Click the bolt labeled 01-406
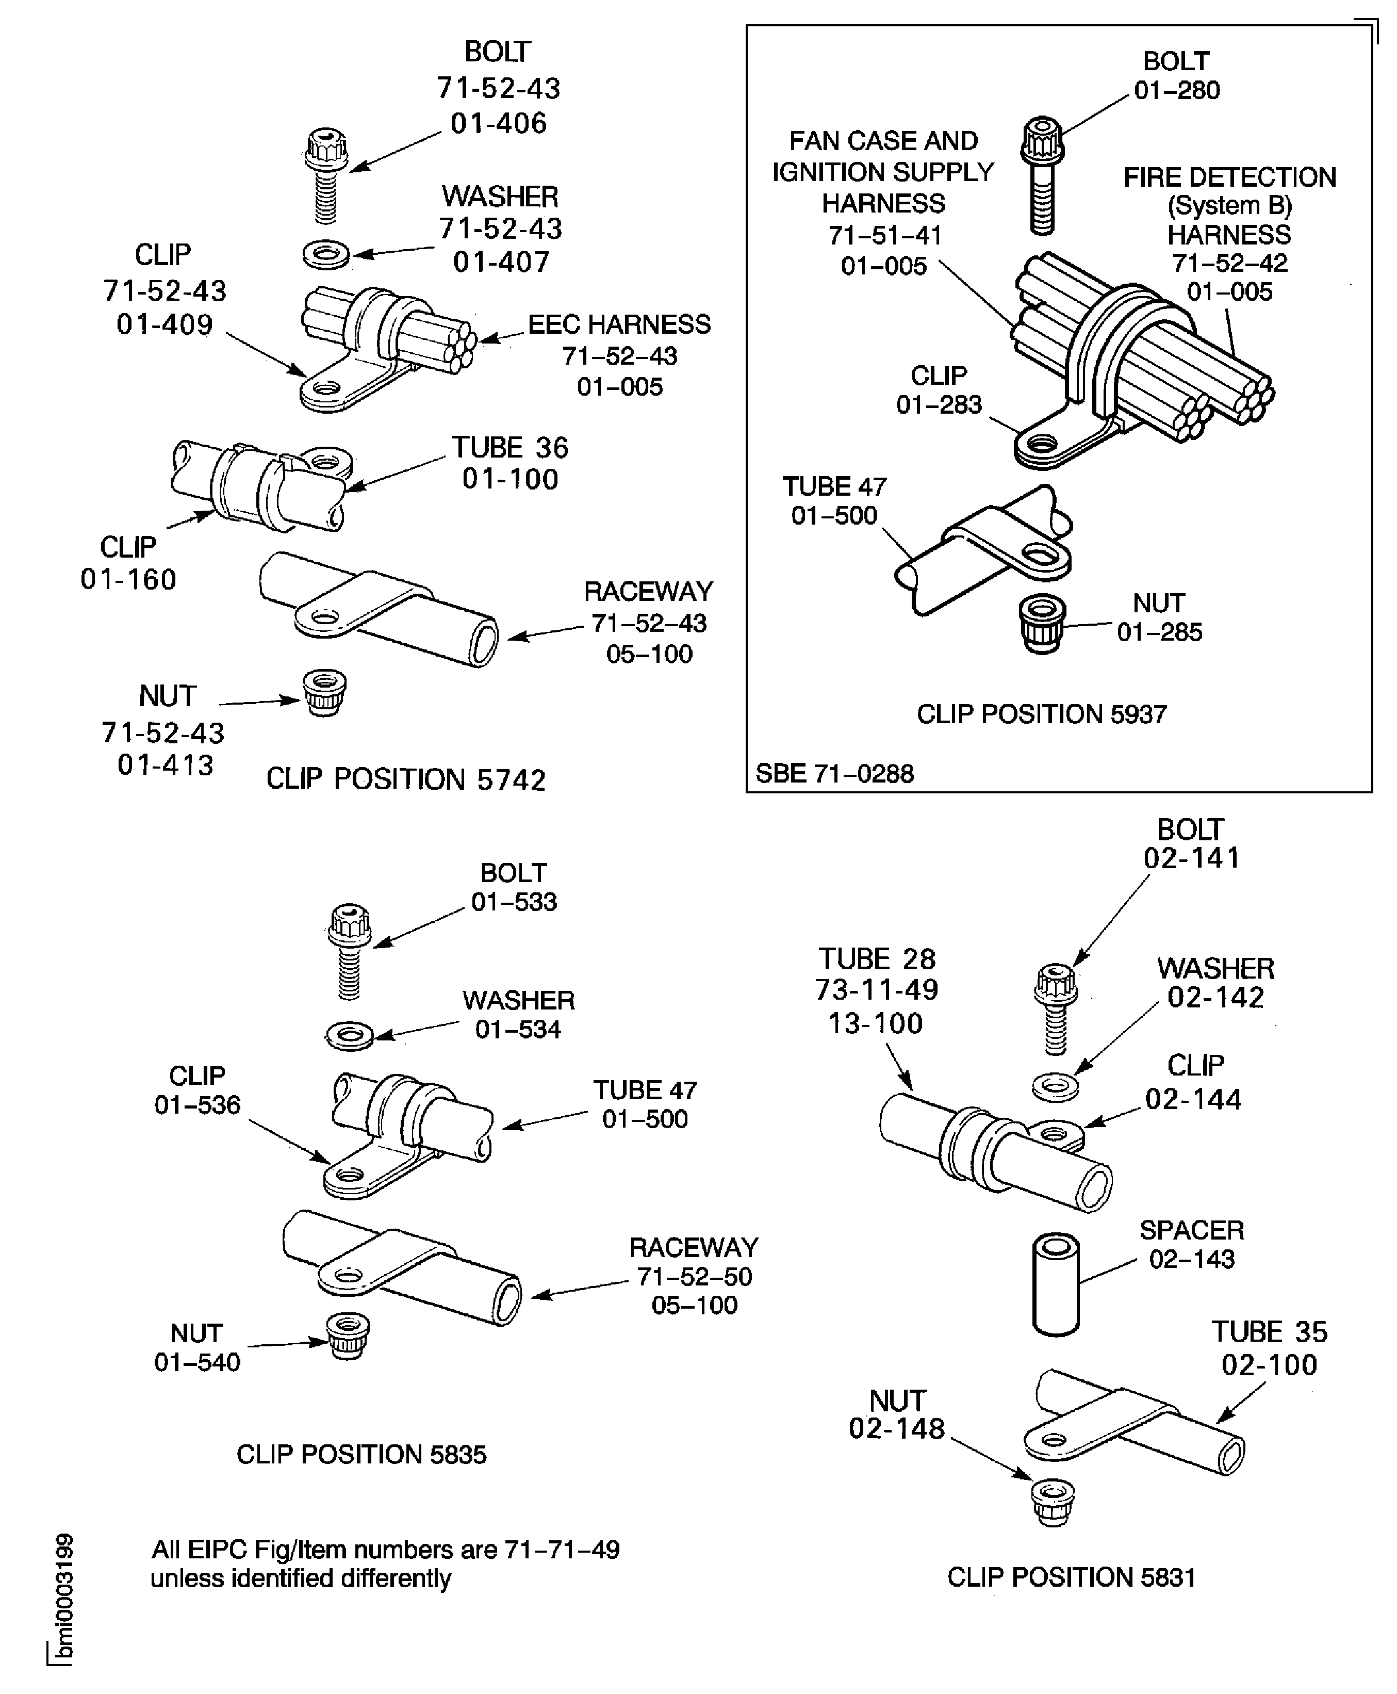326,173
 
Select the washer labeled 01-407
326,256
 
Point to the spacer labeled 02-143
1056,1285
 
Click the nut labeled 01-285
1042,624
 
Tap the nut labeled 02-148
1053,1502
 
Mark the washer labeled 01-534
349,1035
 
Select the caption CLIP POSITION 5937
1041,714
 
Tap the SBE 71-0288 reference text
834,773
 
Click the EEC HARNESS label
619,324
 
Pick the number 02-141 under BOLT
1191,859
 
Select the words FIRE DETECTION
1229,177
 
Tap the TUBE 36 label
510,447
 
